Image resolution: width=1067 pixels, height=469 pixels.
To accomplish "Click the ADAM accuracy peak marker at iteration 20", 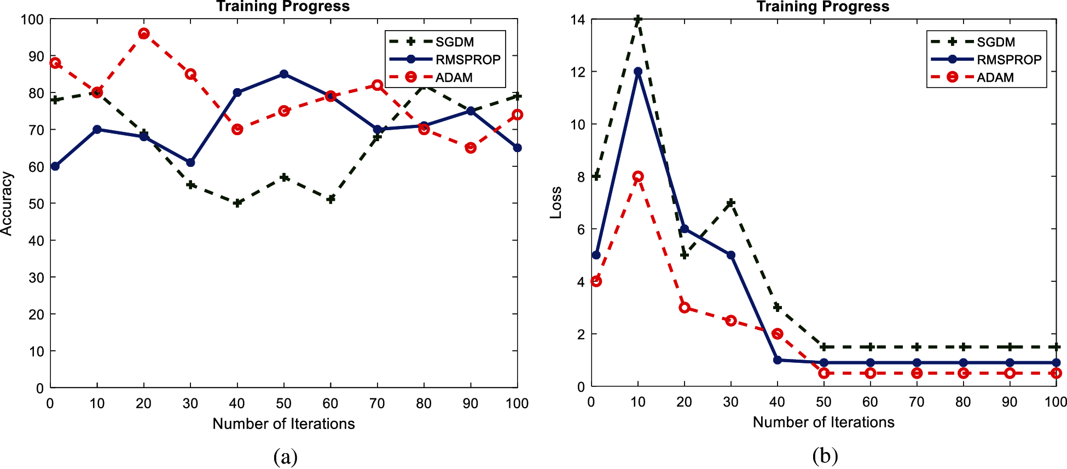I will tap(144, 34).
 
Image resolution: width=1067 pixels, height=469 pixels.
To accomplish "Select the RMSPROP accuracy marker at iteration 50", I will tap(283, 74).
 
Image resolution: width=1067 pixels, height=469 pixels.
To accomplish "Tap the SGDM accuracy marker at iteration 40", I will tap(237, 203).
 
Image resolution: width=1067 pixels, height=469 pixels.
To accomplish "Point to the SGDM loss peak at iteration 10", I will tap(637, 20).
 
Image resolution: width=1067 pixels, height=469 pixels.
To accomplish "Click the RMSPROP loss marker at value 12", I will tap(637, 72).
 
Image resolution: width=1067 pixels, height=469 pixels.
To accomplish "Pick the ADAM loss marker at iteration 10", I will tap(637, 176).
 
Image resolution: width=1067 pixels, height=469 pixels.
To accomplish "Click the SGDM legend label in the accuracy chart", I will tap(454, 42).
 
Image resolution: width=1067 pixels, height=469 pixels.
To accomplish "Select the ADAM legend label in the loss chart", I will tap(995, 78).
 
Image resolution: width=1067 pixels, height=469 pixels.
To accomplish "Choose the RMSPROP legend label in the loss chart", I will tap(1008, 60).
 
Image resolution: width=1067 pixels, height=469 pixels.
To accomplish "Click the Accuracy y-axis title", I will tap(7, 204).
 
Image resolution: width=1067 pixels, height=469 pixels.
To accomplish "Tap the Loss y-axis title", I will tap(556, 202).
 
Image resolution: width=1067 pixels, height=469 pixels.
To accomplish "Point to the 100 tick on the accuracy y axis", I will tap(32, 20).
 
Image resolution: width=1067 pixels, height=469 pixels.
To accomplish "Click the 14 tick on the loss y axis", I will tap(577, 20).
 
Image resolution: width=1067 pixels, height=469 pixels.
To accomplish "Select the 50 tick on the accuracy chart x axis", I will tap(283, 404).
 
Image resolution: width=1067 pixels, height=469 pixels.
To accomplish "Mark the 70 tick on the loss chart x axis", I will tap(917, 402).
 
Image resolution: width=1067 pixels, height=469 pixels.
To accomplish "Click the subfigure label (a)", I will tap(285, 456).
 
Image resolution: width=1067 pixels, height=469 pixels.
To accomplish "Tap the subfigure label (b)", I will tap(825, 455).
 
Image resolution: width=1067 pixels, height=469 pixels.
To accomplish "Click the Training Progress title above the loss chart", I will tap(823, 7).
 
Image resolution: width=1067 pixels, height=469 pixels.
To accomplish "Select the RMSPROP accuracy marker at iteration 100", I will tap(517, 148).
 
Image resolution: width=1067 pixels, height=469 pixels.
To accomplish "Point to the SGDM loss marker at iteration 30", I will tap(730, 203).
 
